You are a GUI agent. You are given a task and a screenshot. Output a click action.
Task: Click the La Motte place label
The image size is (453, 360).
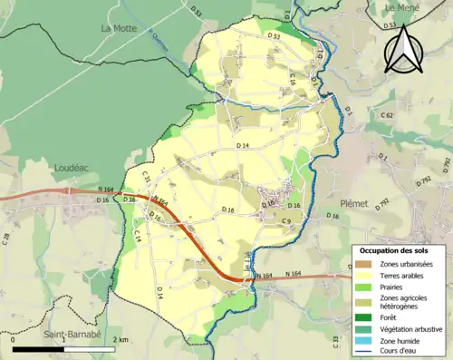pyautogui.click(x=118, y=28)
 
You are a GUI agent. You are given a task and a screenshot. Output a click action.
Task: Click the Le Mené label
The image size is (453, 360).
pyautogui.click(x=404, y=7)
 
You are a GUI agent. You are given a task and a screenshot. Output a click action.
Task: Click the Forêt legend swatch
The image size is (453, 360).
pyautogui.click(x=364, y=317)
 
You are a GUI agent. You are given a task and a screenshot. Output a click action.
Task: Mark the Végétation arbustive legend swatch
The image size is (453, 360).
pyautogui.click(x=364, y=330)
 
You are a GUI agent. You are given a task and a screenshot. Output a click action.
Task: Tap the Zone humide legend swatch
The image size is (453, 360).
pyautogui.click(x=364, y=342)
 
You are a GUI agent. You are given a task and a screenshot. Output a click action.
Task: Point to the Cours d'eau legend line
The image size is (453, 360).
pyautogui.click(x=364, y=354)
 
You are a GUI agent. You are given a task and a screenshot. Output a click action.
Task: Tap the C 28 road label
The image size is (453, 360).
pyautogui.click(x=7, y=239)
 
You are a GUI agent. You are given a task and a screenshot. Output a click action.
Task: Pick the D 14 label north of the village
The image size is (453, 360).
pyautogui.click(x=243, y=146)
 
